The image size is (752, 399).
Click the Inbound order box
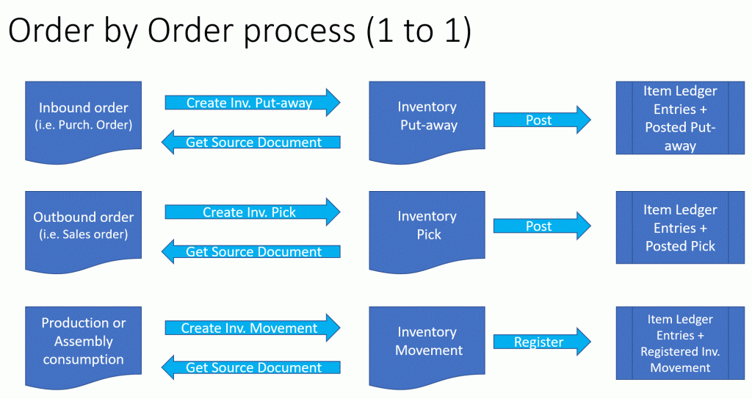point(83,120)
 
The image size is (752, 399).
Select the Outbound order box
point(83,229)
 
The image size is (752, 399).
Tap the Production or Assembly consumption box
point(83,345)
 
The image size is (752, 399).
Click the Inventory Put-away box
point(427,120)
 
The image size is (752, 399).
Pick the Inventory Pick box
point(427,229)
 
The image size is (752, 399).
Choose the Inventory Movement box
point(427,345)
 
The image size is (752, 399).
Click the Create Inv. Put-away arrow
point(253,102)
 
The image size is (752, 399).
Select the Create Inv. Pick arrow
point(253,212)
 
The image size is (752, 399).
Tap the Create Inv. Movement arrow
point(253,328)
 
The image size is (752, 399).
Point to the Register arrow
point(542,342)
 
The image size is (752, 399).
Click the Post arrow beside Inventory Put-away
point(542,120)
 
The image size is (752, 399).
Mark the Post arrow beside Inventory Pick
point(542,226)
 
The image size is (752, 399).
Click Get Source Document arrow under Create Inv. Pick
point(251,251)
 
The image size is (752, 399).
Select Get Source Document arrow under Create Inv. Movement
point(251,367)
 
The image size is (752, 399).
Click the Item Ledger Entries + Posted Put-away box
point(680,118)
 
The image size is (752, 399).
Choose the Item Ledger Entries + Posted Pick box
point(680,228)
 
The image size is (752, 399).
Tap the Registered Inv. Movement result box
point(680,343)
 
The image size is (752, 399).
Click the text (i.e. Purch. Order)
point(84,126)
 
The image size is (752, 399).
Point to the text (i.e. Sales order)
point(84,235)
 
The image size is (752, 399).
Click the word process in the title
point(300,32)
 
